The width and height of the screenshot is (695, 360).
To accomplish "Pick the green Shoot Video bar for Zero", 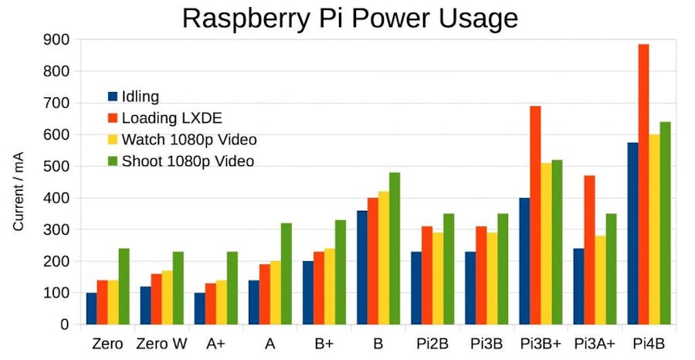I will coord(124,286).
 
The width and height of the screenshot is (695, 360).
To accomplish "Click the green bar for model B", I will coord(395,248).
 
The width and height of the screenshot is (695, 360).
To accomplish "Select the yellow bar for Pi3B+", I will coord(546,243).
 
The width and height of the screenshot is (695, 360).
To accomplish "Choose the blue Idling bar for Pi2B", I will coord(416,287).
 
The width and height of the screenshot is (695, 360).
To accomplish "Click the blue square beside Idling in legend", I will coord(113,97).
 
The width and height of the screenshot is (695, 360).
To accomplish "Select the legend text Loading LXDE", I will coord(171,118).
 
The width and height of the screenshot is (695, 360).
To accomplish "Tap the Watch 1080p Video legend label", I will coord(189,140).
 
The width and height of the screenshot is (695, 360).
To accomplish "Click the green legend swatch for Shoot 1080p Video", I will coord(113,161).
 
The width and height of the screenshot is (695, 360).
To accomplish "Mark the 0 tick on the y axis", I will coord(65,324).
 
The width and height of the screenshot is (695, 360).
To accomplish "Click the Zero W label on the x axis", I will coord(162,344).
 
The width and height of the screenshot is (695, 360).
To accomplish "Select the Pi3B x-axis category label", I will coord(486,344).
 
